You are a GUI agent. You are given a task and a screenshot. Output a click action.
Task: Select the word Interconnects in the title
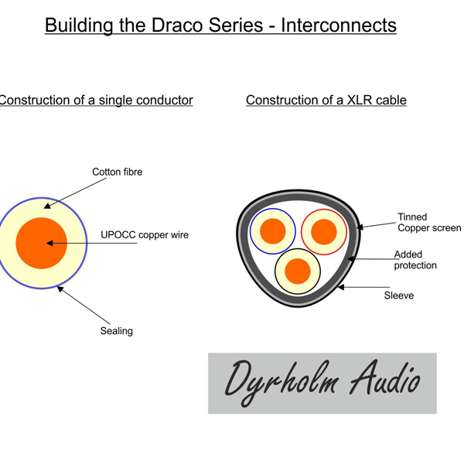(338, 25)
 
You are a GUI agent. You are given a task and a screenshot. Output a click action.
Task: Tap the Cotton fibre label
(118, 172)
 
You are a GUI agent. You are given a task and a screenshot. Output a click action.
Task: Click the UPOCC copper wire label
(145, 235)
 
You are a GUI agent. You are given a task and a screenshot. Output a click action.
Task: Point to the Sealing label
(116, 331)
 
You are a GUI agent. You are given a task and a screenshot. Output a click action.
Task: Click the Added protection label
(415, 260)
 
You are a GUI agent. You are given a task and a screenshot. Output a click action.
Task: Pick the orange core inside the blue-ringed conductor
(272, 230)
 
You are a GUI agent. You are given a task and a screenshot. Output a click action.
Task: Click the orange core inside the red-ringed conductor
(323, 230)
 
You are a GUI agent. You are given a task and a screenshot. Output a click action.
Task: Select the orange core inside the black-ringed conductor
(298, 271)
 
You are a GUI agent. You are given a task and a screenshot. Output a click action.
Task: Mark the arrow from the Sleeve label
(362, 288)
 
